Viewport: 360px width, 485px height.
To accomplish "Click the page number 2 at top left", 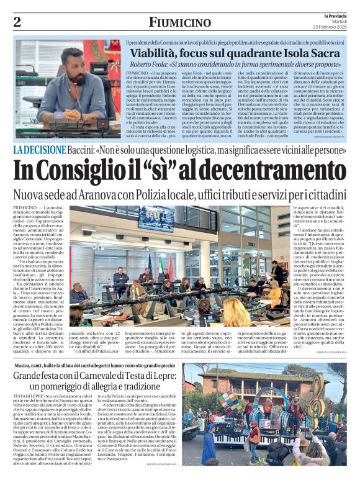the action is pos(17,22).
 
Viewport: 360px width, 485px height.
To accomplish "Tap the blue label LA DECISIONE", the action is pos(40,149).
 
